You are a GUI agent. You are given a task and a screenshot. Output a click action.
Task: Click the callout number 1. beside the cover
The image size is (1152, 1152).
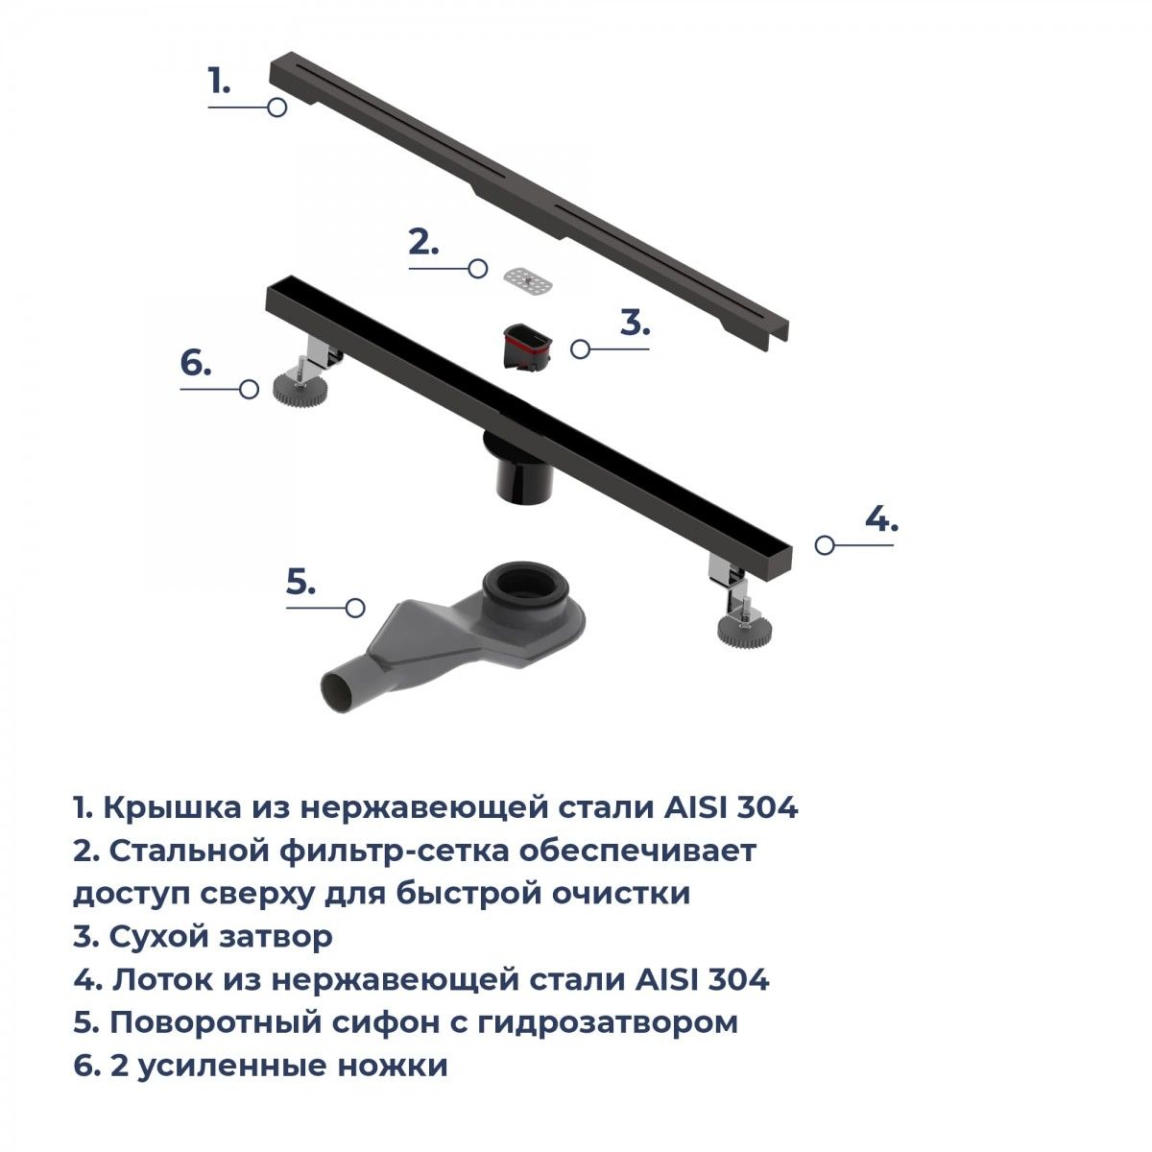pos(219,81)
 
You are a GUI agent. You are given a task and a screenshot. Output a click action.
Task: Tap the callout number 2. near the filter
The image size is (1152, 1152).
pos(423,242)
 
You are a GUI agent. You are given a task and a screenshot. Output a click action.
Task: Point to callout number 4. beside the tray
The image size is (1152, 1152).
pos(881,518)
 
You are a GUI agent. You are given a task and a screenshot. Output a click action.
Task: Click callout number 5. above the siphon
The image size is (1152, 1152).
pos(300,582)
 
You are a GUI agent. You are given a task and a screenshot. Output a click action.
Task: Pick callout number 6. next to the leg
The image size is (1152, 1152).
pos(196,363)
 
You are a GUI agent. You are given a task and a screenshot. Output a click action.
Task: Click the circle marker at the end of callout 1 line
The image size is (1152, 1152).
pos(276,108)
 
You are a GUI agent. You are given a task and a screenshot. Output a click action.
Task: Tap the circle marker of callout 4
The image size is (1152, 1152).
pos(825,544)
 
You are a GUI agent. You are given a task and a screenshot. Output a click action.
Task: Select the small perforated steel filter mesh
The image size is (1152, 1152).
pos(527,280)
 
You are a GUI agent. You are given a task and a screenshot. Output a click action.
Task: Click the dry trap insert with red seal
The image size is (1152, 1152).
pos(527,349)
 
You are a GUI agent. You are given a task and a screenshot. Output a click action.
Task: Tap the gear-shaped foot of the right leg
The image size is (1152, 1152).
pos(744,628)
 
